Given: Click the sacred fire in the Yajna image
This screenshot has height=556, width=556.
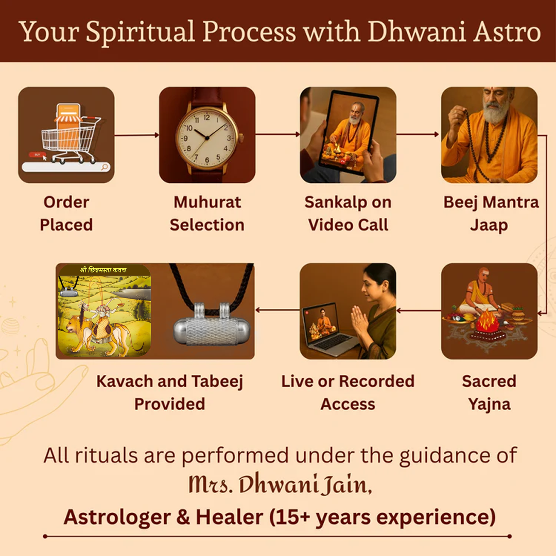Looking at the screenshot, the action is [487, 320].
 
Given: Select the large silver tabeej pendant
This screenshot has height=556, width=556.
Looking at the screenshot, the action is [212, 324].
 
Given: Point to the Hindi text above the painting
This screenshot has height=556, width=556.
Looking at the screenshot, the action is [103, 270].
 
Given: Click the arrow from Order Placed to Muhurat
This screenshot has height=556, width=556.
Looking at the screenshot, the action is [136, 135].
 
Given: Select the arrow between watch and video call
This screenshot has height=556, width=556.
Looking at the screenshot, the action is [277, 134].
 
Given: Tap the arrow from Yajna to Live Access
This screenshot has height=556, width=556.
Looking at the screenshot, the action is [419, 310].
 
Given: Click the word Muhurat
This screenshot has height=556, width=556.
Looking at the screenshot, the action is [207, 202].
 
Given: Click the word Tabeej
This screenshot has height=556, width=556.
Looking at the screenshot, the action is [217, 382].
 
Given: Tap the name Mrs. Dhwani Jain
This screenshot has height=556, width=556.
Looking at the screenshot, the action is [280, 483].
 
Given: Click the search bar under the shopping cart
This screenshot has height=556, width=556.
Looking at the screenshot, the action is [66, 167].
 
